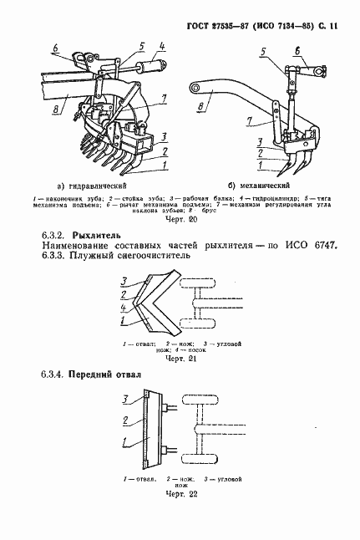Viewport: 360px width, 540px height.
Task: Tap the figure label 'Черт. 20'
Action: pyautogui.click(x=181, y=220)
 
